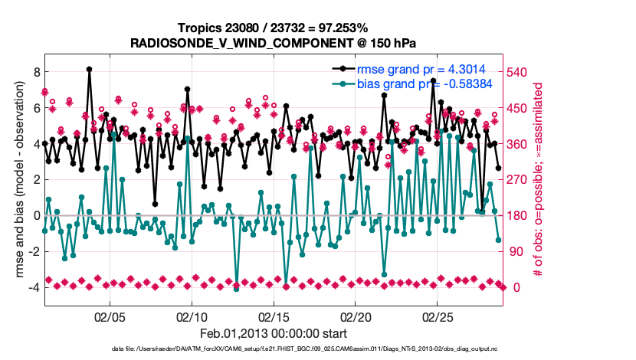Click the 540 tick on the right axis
click(519, 72)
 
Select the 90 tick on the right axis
click(516, 251)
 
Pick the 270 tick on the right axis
click(519, 179)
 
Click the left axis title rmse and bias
click(15, 180)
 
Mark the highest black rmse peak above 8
click(90, 69)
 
